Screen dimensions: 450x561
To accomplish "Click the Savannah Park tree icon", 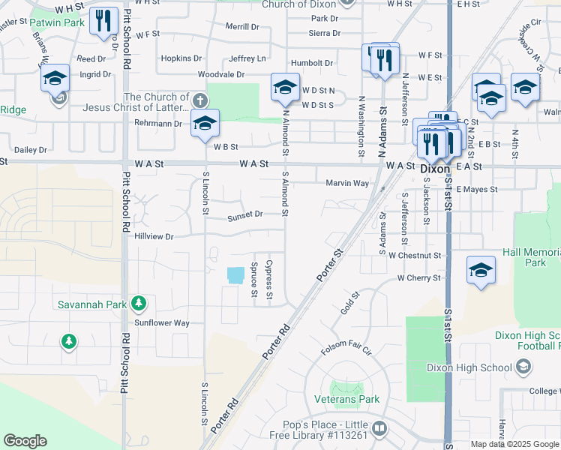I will click(x=138, y=303).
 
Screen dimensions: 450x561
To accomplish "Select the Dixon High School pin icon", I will click(x=523, y=367).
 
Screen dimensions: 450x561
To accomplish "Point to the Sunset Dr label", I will click(x=244, y=214).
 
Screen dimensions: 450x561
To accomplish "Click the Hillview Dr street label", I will click(x=154, y=236).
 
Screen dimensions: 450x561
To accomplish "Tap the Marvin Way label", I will click(x=347, y=183).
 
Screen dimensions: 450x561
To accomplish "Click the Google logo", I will click(x=25, y=441).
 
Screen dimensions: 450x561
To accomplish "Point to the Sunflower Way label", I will click(x=162, y=323).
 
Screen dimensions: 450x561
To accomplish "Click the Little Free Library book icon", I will click(x=379, y=429).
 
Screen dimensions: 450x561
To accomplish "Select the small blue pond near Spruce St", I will click(x=235, y=275).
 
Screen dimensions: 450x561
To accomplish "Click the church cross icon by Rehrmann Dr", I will click(x=199, y=100).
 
